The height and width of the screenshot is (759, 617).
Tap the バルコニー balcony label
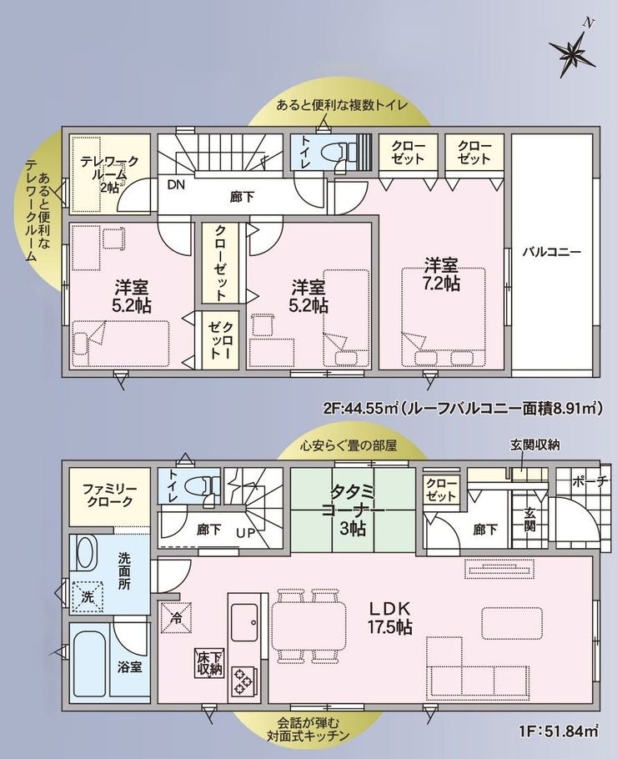point(552,252)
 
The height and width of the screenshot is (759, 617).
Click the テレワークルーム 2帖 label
point(109,173)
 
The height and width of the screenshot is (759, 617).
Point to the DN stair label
point(176,184)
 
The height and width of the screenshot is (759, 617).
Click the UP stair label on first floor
point(245,533)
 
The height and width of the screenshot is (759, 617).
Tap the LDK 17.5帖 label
point(390,618)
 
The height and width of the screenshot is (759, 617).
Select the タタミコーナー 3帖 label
point(353,510)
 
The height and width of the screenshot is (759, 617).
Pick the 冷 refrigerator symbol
point(176,617)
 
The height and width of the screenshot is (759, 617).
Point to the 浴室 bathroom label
point(130,667)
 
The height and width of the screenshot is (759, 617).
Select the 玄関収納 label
point(534,445)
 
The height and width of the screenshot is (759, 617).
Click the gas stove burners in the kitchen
point(243,682)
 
